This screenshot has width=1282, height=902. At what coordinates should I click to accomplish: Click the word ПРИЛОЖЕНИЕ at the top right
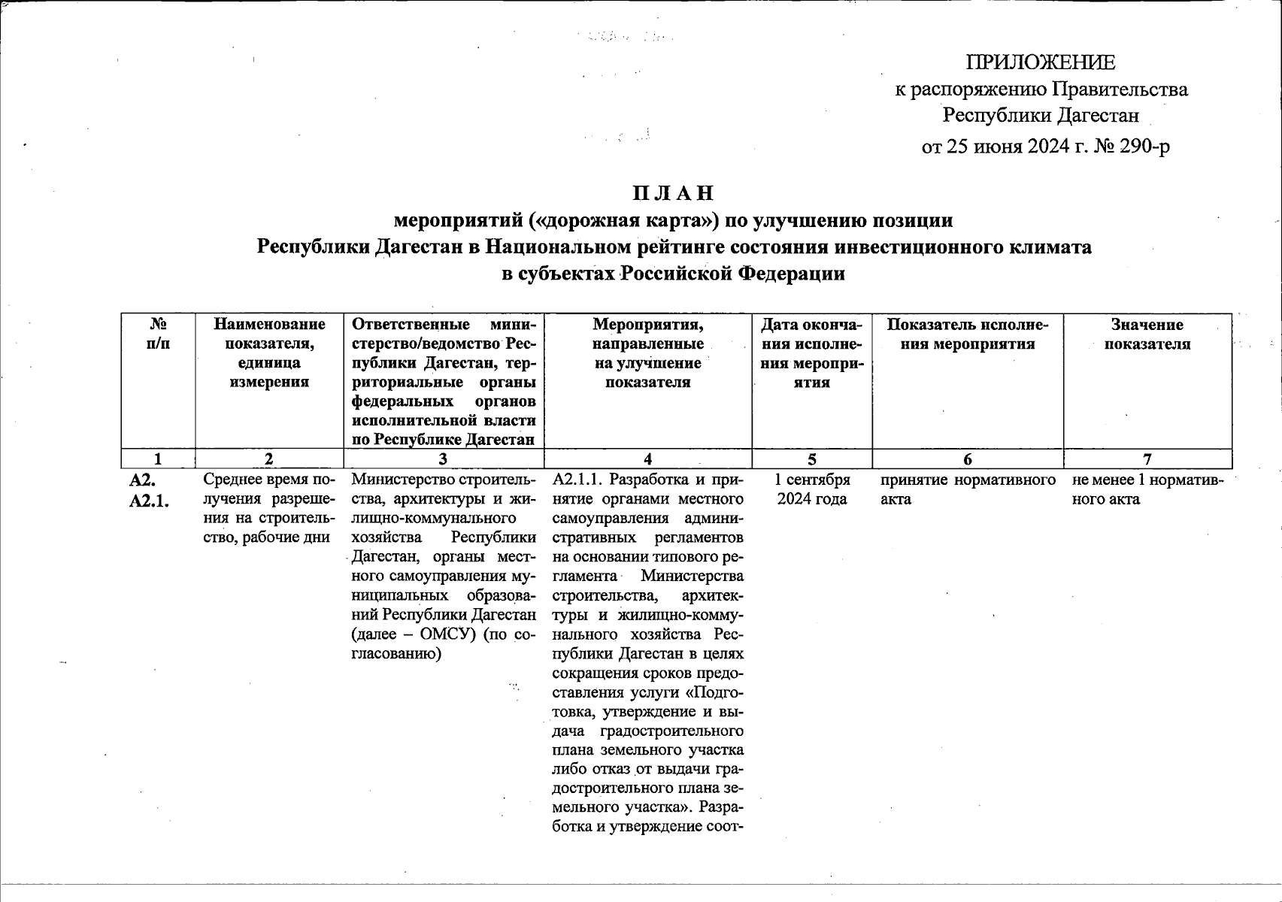click(x=1041, y=62)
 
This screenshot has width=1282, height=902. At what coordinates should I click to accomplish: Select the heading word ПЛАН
click(x=673, y=193)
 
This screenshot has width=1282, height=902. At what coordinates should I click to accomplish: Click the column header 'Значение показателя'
click(x=1147, y=334)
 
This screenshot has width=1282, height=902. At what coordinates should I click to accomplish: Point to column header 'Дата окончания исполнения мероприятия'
click(x=812, y=353)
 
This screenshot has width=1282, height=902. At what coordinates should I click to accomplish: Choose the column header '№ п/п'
click(x=158, y=334)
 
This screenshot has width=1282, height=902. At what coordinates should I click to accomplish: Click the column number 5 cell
click(x=812, y=459)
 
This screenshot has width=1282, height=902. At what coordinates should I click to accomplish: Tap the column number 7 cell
click(x=1147, y=459)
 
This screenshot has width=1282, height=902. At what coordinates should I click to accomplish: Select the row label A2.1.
click(x=149, y=501)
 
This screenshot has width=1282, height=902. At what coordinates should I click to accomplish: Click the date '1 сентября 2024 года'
click(x=812, y=489)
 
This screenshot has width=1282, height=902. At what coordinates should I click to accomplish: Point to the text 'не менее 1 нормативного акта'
click(x=1147, y=489)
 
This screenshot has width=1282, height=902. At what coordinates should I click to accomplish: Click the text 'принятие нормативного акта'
click(x=967, y=489)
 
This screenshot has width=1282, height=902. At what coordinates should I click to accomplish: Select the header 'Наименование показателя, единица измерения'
click(x=269, y=353)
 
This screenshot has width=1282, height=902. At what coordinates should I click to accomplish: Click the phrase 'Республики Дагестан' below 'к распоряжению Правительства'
click(x=1041, y=116)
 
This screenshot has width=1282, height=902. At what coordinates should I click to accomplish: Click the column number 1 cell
click(x=158, y=459)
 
